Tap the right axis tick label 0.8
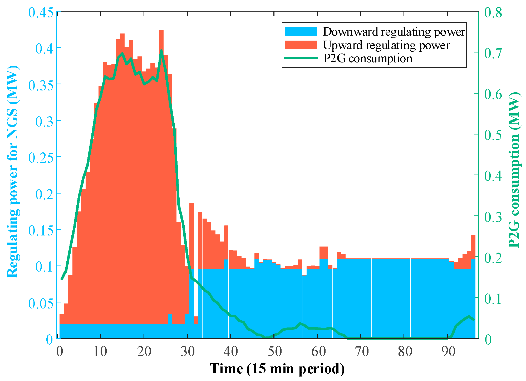click(493, 12)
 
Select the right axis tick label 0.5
click(493, 134)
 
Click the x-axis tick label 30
click(188, 351)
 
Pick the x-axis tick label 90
click(448, 351)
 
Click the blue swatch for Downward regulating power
click(301, 31)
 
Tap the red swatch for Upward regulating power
click(301, 45)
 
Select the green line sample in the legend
click(301, 58)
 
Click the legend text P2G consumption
click(367, 58)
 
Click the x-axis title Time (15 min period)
click(277, 369)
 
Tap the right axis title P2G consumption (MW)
click(514, 170)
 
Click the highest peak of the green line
click(161, 51)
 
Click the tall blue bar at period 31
click(192, 303)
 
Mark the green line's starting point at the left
click(62, 279)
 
